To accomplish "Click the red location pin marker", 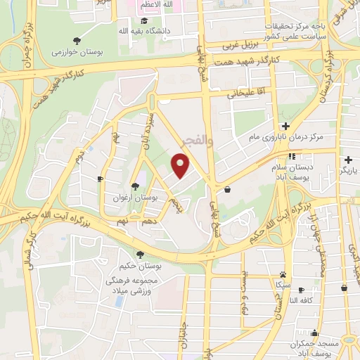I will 181,166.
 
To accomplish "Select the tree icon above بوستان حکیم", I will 141,255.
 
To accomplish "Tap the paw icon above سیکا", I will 283,275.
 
